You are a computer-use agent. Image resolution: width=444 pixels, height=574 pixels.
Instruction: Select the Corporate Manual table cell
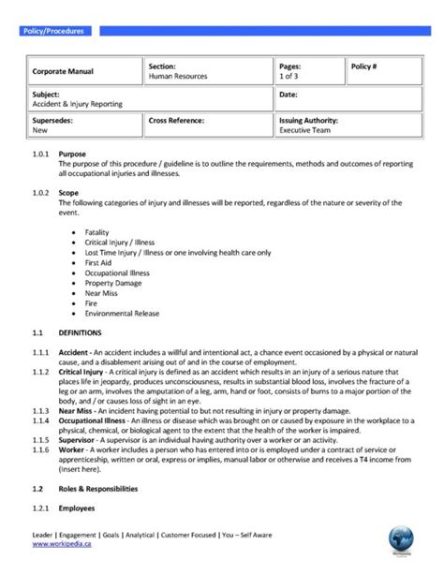click(63, 71)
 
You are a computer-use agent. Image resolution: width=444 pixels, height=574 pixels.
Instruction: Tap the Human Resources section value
click(178, 76)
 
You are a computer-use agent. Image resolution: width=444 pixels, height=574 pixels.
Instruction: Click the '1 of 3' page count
click(292, 76)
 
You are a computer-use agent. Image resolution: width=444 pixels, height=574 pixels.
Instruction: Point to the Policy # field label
click(364, 67)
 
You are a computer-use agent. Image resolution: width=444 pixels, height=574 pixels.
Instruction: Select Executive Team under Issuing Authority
click(306, 131)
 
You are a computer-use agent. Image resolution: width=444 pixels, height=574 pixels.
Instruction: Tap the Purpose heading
click(73, 153)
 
